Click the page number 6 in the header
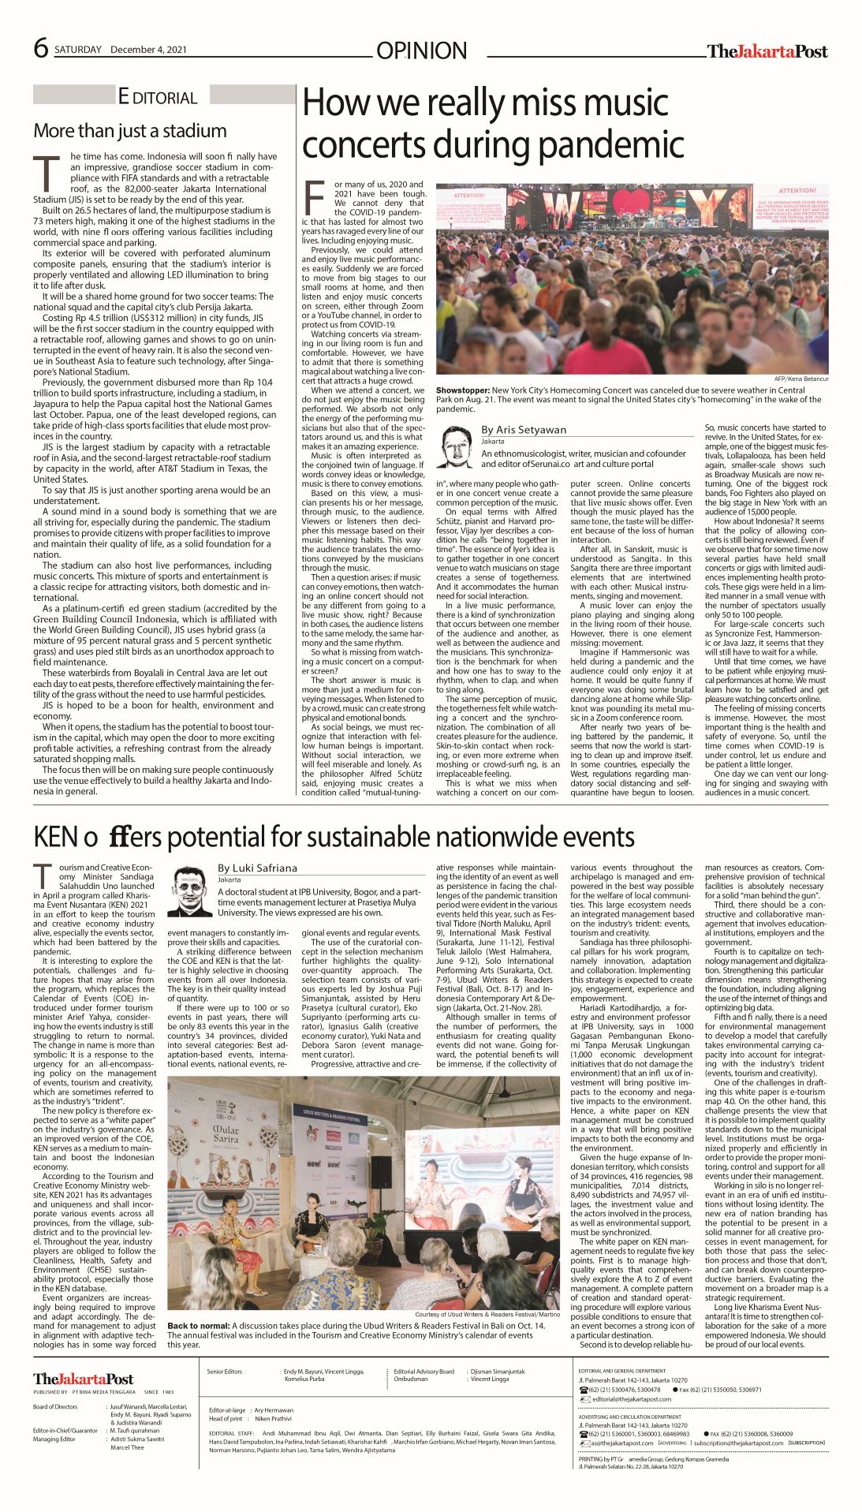pos(41,48)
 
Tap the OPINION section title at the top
pos(421,51)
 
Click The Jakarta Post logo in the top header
pos(767,51)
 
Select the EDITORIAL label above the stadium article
pos(157,98)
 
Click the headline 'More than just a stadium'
pos(129,131)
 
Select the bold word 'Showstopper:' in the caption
pos(462,390)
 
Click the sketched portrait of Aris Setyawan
pos(455,446)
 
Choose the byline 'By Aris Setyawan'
pos(524,430)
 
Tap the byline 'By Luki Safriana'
pos(258,868)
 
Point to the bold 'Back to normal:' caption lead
pos(198,1326)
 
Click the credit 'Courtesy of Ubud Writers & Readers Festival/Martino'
pos(487,1315)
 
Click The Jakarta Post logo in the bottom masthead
pos(83,1379)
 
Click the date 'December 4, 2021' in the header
pos(148,50)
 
